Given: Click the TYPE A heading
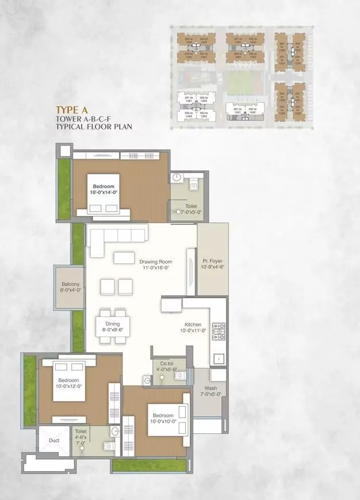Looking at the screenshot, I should [x=76, y=109].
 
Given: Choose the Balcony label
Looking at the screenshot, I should [x=71, y=287].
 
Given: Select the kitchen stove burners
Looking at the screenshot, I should [x=219, y=330].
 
